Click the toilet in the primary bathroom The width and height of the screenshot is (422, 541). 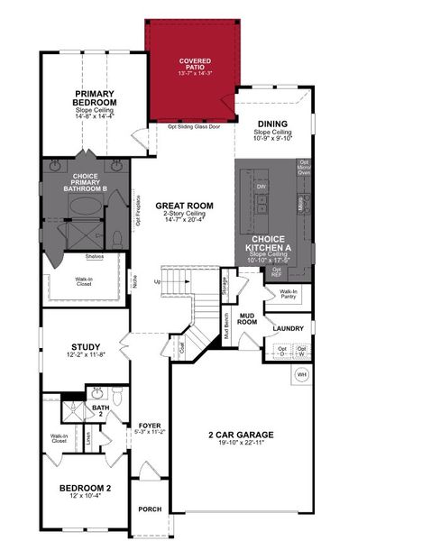click(117, 238)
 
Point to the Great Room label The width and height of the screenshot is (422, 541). click(184, 206)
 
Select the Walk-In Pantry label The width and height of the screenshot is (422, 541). click(289, 294)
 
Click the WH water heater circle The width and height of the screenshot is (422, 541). click(303, 373)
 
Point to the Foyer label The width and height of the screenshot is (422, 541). click(149, 426)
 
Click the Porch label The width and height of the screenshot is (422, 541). click(149, 509)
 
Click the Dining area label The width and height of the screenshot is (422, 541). click(271, 124)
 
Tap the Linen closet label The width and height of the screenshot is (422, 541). click(88, 438)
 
